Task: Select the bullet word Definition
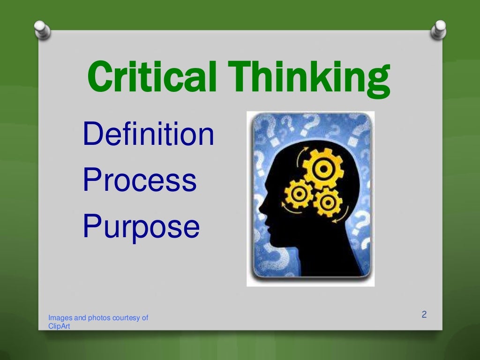[x=148, y=134]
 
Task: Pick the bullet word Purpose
[x=141, y=227]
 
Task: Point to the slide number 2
[x=424, y=315]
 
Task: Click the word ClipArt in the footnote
[x=59, y=326]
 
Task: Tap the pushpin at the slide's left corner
[x=43, y=31]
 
